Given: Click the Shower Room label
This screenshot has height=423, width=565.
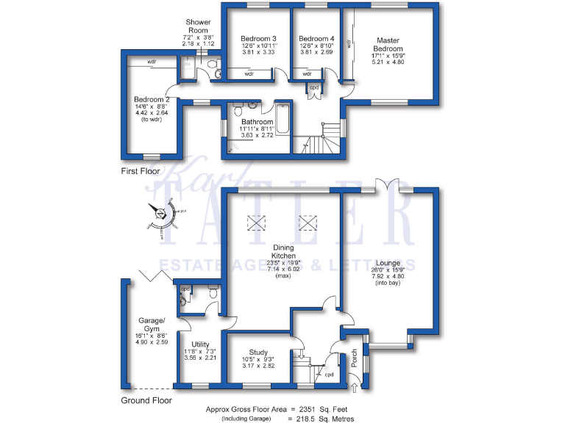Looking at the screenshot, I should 198,27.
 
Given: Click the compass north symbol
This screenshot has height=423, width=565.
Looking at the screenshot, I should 160,214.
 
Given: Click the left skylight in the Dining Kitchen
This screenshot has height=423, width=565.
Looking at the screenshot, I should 256,222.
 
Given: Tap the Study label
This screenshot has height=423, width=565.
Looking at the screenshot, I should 258,352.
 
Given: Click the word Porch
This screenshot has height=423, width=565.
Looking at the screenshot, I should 354,358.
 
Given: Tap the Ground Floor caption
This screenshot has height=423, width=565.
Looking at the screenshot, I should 146,401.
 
